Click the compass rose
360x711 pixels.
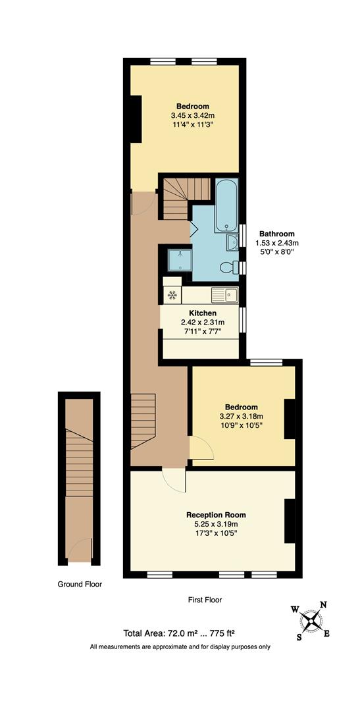[x=310, y=619]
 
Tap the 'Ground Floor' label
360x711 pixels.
[x=79, y=583]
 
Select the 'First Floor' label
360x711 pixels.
[x=205, y=600]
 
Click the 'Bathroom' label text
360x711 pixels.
[x=276, y=234]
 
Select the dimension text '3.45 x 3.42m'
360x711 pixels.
[x=192, y=117]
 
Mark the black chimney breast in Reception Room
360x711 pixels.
[x=290, y=521]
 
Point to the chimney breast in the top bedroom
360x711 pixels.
[x=136, y=118]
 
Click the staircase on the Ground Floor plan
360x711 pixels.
[x=79, y=461]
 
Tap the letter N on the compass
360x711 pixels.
[x=322, y=605]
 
